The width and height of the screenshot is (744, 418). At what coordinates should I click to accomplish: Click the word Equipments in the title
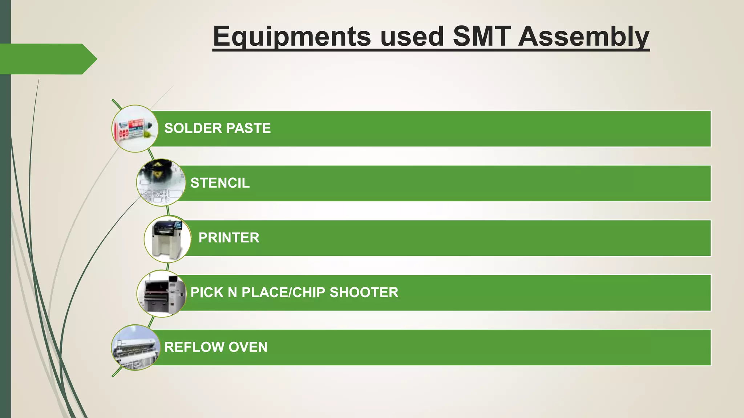[292, 36]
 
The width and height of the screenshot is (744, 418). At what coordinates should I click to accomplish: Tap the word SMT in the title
[482, 36]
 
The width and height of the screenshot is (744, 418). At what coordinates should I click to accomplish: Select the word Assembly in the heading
[583, 36]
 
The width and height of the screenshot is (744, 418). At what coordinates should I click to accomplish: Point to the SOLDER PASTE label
[217, 128]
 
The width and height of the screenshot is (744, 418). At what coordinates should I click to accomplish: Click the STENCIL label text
[220, 183]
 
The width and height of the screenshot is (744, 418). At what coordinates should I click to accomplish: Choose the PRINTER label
[229, 238]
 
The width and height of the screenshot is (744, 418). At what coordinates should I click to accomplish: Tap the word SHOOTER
[364, 292]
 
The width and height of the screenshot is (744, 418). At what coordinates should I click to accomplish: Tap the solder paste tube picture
[135, 129]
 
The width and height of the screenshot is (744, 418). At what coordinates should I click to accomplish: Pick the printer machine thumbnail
[167, 239]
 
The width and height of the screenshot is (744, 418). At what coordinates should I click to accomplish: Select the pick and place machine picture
[161, 293]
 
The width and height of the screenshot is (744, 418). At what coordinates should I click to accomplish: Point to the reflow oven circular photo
[135, 348]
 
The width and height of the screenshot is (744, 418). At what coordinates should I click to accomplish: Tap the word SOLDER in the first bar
[193, 128]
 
